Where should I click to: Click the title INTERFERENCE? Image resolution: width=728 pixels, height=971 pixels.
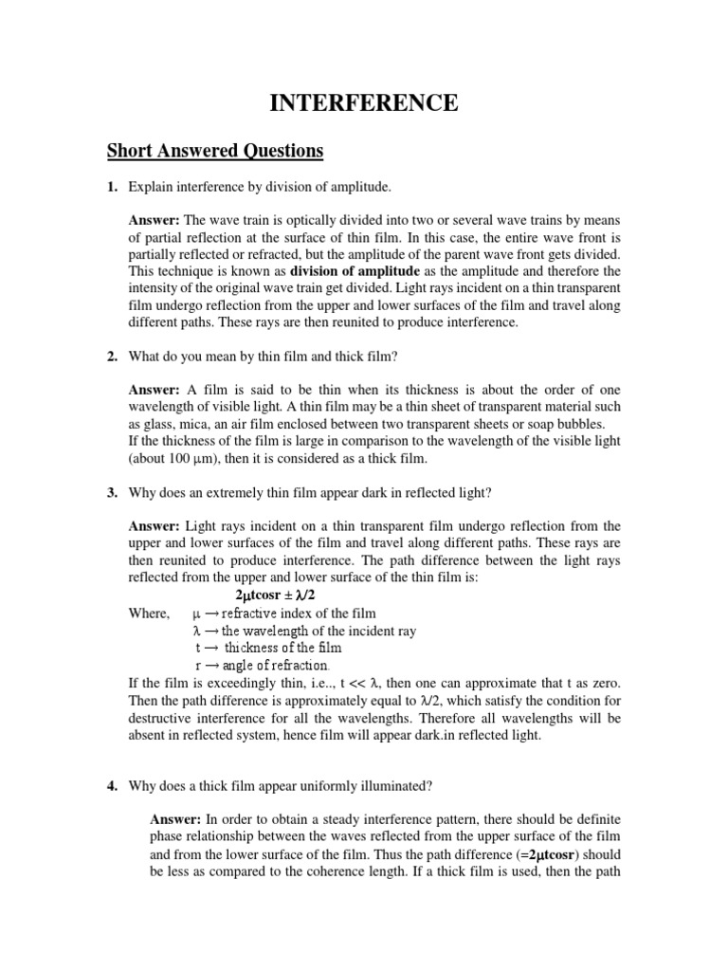tap(364, 103)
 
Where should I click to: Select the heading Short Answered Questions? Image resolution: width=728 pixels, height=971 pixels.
tap(215, 151)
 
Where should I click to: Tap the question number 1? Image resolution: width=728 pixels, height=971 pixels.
tap(111, 189)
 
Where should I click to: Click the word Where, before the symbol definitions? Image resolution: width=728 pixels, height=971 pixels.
tap(150, 614)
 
